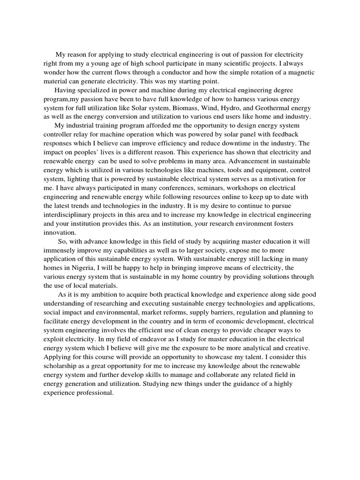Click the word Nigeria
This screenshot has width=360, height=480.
83,268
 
